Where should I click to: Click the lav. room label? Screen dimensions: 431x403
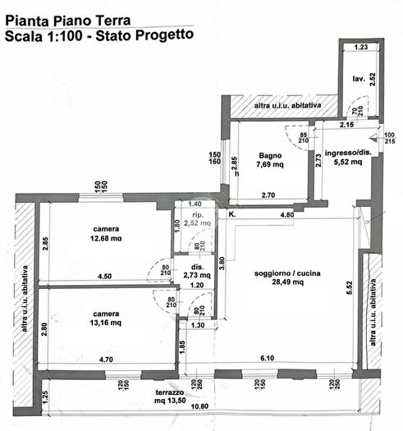tap(359, 79)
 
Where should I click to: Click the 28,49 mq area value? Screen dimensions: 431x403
tap(287, 282)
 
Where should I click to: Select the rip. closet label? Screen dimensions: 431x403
tap(195, 214)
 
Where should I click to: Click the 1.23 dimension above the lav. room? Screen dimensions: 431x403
tap(359, 48)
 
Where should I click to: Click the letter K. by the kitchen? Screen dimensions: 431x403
tap(232, 214)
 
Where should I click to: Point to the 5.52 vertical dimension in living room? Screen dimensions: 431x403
tap(349, 287)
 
